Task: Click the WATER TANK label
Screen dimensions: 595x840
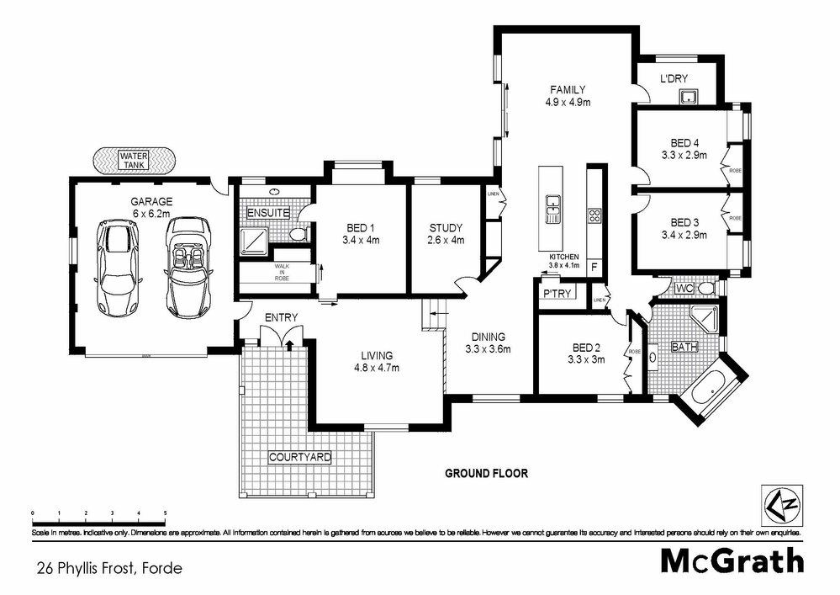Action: pos(133,160)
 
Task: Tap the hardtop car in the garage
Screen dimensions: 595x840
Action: pos(118,266)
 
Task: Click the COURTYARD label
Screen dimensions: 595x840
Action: pos(300,457)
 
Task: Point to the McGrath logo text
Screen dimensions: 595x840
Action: pos(731,560)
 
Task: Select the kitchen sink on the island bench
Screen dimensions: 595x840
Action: pos(553,207)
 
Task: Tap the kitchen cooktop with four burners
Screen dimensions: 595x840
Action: pos(594,215)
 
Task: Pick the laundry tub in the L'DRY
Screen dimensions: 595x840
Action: pos(689,96)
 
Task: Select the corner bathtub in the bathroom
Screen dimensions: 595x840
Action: pos(711,389)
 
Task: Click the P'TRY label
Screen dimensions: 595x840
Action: pos(557,294)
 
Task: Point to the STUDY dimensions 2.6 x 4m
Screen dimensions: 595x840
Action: pos(446,240)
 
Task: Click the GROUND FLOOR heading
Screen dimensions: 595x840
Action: pos(486,474)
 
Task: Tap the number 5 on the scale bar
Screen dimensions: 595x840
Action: pos(166,513)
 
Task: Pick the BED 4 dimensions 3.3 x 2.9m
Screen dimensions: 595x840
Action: pos(684,155)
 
